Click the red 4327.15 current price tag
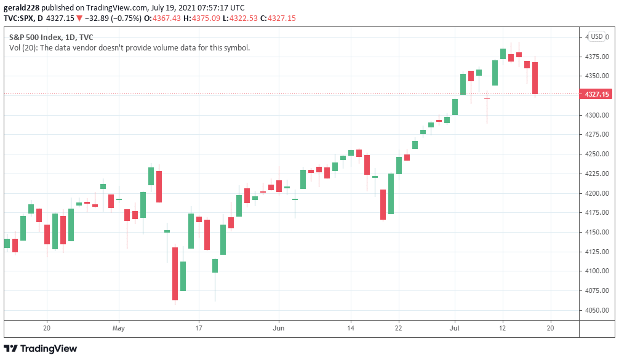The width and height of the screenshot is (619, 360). (x=597, y=94)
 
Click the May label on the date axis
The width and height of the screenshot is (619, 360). (x=119, y=329)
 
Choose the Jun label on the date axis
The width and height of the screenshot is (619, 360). (x=279, y=329)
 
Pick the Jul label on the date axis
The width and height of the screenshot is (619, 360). (x=455, y=329)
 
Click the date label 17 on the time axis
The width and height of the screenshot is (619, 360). (x=198, y=329)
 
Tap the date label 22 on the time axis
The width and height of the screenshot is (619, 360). (x=399, y=329)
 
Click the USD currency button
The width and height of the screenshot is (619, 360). (x=597, y=36)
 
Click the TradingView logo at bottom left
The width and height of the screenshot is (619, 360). (x=41, y=349)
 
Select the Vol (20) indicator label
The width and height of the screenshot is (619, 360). (x=23, y=47)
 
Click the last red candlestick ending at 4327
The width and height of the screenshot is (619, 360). (x=535, y=78)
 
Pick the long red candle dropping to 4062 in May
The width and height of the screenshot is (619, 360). (x=175, y=274)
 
